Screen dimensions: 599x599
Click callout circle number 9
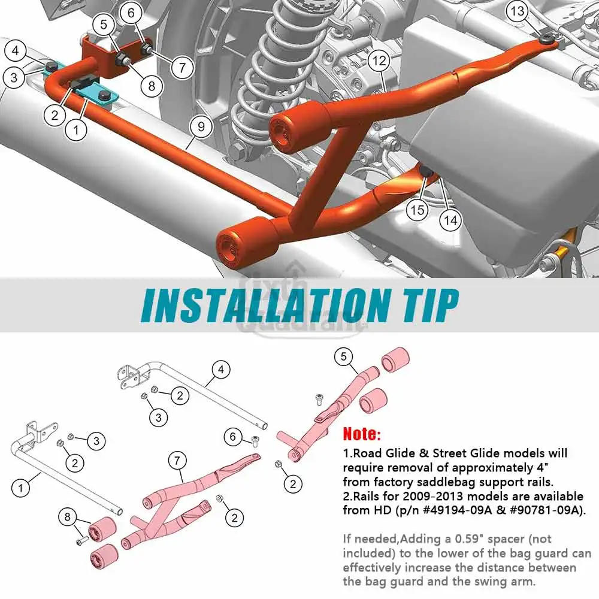(201, 126)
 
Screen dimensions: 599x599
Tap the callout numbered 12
(379, 60)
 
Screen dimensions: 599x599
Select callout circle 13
(518, 11)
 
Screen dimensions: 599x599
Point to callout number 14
(450, 220)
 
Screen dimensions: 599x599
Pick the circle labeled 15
(417, 210)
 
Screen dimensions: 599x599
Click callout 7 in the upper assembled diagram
(182, 68)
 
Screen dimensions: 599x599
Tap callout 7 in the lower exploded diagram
(177, 461)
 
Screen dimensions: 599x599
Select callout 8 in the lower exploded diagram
(68, 518)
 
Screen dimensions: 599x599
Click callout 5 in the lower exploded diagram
(343, 357)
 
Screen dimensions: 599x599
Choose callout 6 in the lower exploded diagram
(233, 437)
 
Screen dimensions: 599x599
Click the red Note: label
(362, 434)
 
